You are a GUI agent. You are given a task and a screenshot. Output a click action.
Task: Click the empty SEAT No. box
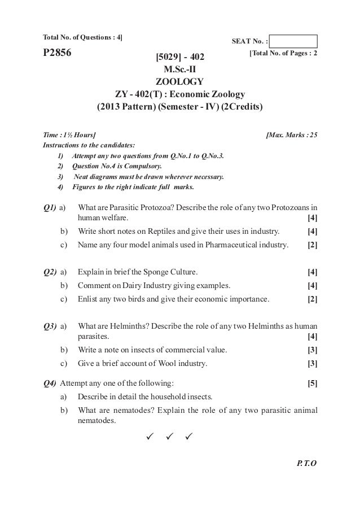pos(293,41)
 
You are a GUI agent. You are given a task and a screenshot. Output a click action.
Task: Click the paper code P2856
pos(61,54)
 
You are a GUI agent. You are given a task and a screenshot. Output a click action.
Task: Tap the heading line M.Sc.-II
pos(181,69)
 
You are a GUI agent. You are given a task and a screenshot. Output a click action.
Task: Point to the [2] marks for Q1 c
pos(311,245)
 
